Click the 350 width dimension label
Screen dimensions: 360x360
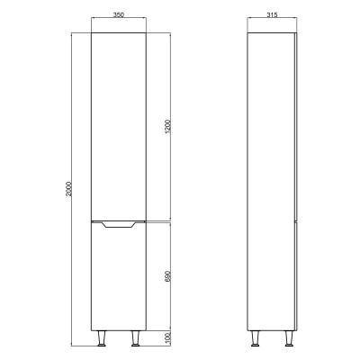116,15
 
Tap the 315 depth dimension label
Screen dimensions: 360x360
273,15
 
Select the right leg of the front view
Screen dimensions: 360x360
136,338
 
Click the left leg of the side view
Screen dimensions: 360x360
256,338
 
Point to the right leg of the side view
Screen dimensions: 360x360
289,338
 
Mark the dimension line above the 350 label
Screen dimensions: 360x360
116,22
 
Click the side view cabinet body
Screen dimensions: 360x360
273,180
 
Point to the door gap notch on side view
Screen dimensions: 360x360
295,219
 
